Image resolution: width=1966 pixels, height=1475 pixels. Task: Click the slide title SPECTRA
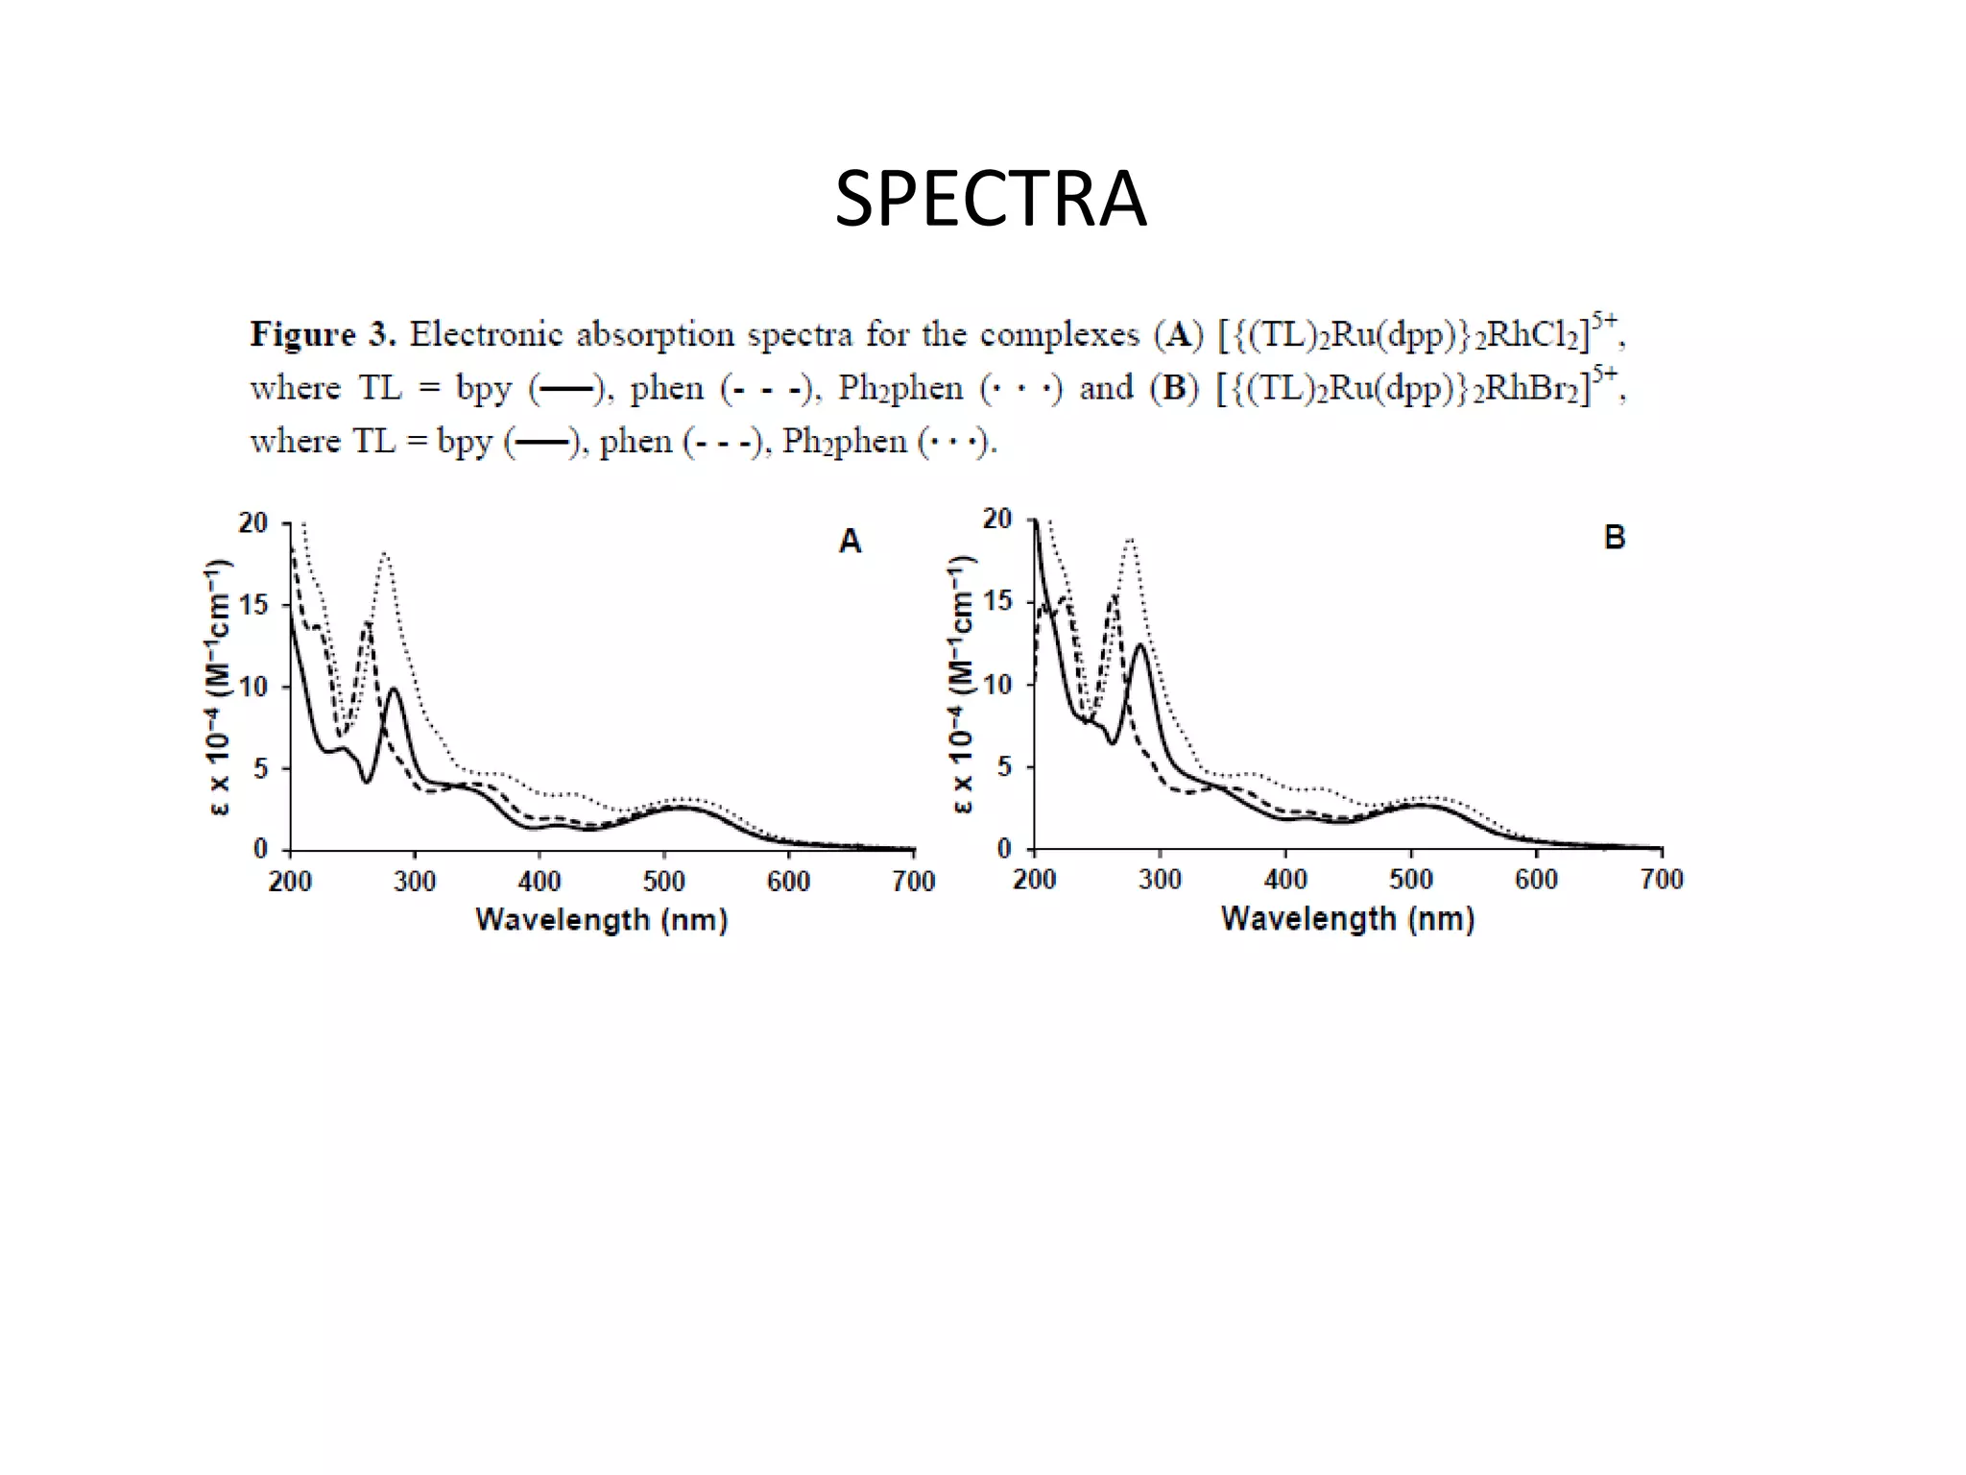click(x=990, y=199)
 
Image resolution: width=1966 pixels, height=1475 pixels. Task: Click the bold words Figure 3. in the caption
click(x=322, y=334)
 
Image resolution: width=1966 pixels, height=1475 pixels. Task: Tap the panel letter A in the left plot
click(x=850, y=542)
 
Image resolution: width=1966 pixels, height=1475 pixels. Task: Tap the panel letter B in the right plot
click(x=1615, y=538)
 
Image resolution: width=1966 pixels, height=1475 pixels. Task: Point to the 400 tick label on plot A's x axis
click(x=539, y=881)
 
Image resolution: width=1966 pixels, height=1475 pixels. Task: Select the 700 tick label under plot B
click(x=1661, y=879)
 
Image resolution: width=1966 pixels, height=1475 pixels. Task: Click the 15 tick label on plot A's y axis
click(x=253, y=605)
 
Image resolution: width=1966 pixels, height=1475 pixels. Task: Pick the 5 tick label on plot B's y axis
click(x=1004, y=766)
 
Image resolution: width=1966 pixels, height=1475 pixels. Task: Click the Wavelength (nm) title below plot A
click(x=601, y=920)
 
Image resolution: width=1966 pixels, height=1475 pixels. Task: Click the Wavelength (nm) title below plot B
click(x=1347, y=919)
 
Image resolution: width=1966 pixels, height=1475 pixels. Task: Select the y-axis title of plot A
click(x=219, y=687)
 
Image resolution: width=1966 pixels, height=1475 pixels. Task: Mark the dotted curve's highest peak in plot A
click(x=384, y=553)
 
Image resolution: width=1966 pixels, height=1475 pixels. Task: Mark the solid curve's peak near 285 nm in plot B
click(x=1140, y=644)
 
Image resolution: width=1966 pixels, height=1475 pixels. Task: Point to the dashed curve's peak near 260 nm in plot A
click(x=368, y=623)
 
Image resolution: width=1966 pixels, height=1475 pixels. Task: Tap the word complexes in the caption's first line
click(x=1059, y=334)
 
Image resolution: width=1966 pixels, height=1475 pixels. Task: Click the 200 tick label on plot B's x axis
click(x=1034, y=879)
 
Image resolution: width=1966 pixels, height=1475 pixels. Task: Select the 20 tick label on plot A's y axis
click(x=253, y=523)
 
